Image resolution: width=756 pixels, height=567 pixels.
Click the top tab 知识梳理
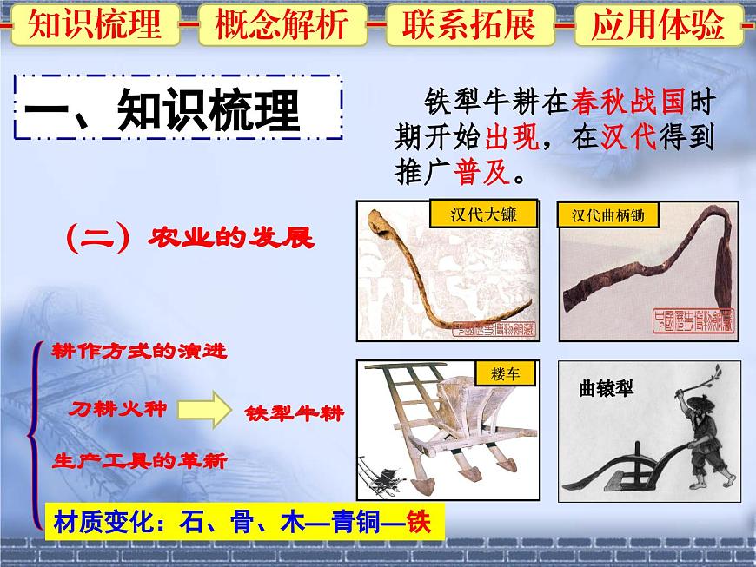tap(95, 25)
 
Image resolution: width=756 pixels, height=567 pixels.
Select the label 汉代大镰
tap(483, 214)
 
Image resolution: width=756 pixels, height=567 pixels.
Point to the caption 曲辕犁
tap(607, 388)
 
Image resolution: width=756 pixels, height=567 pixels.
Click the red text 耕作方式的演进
tap(139, 351)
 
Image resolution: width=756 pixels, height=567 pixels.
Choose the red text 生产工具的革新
tap(139, 461)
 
